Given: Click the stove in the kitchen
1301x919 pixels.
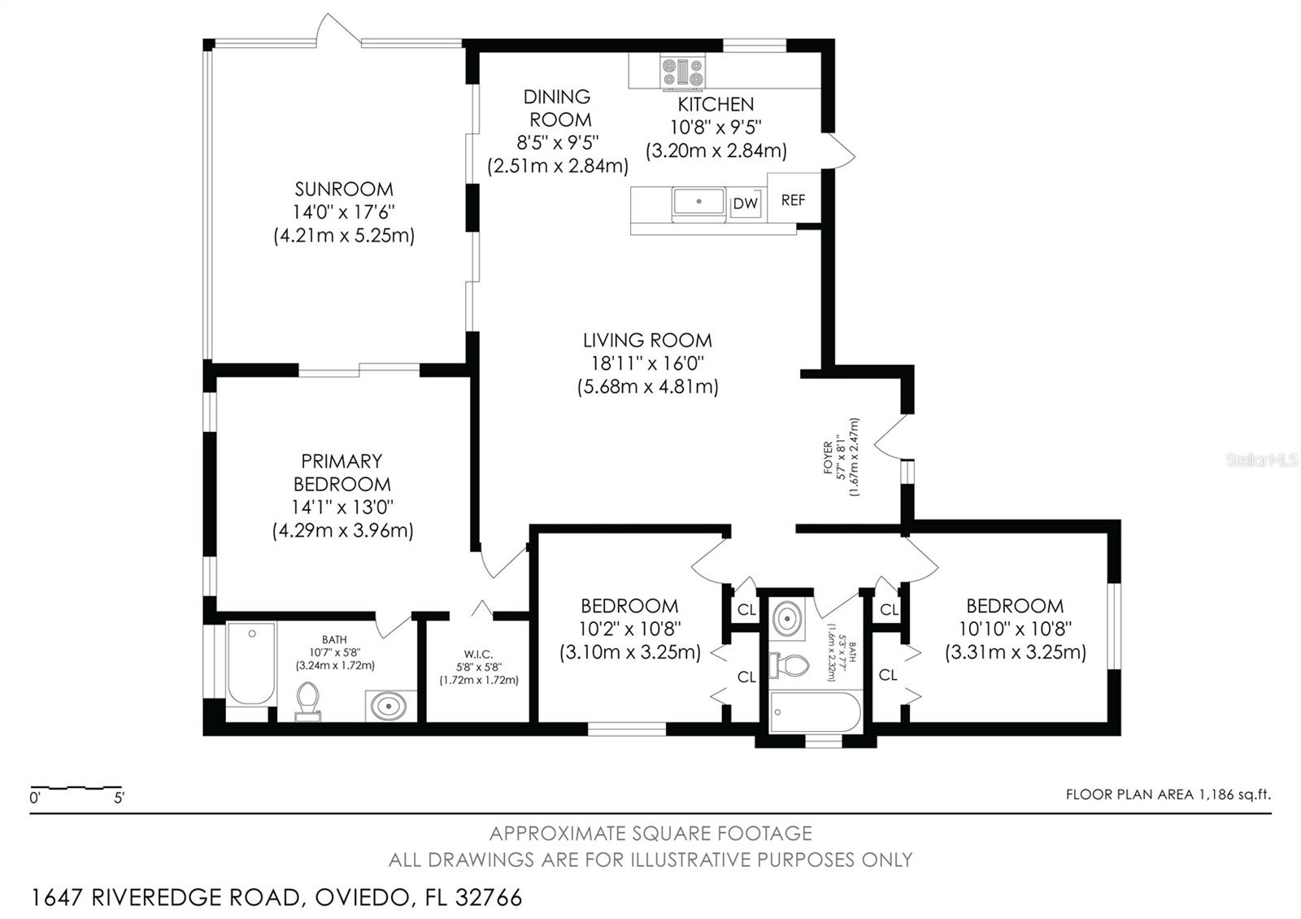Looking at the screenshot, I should point(682,71).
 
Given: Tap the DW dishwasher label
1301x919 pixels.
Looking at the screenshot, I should point(745,204).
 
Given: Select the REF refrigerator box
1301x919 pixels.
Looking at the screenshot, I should point(793,199).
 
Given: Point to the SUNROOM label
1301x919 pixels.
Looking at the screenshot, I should point(344,189).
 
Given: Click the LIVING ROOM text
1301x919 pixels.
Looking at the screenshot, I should point(647,340).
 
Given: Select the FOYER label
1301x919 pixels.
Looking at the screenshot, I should point(828,458).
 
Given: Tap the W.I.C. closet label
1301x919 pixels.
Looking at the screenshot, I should point(478,655).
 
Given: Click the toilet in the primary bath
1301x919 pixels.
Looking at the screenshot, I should point(307,701).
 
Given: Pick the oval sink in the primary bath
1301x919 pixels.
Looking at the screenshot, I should point(388,705).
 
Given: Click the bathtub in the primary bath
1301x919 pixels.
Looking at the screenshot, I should point(250,663).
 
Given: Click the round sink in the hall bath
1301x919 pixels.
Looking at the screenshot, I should point(787,619).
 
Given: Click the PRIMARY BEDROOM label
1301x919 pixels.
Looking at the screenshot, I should point(342,473).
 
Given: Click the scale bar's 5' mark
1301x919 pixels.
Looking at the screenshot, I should point(119,798).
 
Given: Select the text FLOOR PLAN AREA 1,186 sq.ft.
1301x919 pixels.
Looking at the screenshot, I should point(1168,795).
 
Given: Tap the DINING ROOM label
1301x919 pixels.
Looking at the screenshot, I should point(557,108).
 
